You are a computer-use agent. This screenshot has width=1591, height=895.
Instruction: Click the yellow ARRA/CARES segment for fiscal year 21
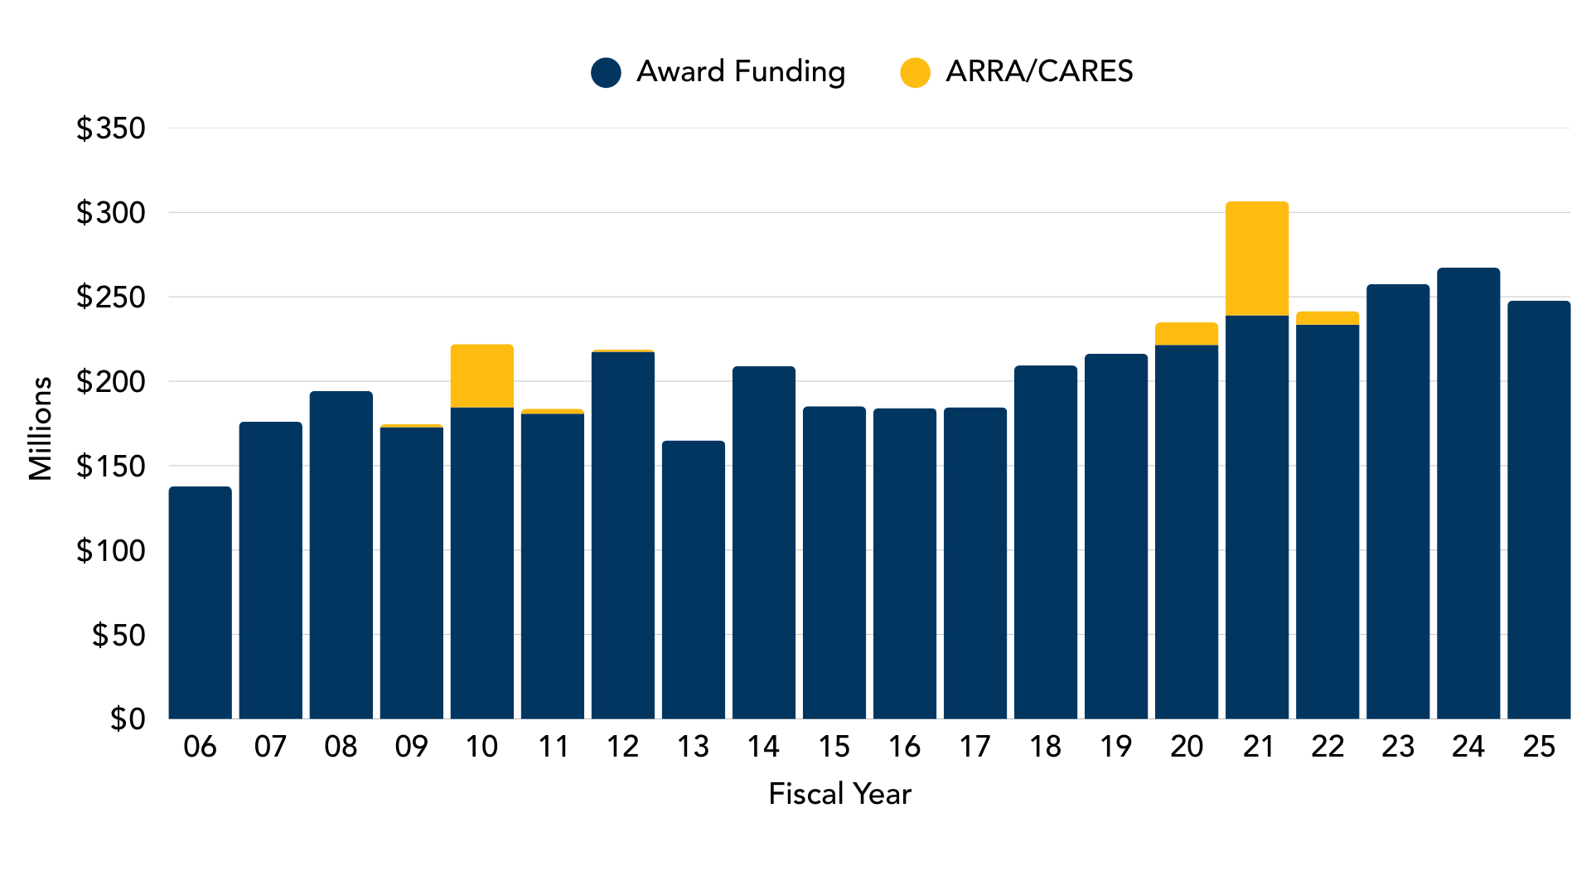point(1257,259)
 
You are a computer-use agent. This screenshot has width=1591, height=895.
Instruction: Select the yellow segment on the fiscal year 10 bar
point(482,376)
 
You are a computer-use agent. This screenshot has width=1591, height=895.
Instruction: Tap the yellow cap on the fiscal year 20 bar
point(1187,334)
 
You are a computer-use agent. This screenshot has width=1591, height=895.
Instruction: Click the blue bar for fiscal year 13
point(694,580)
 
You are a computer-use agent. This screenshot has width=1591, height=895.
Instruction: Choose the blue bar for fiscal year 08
point(341,555)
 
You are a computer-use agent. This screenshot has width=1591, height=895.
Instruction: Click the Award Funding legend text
point(741,72)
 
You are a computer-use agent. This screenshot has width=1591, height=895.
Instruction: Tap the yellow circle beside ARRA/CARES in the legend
point(915,73)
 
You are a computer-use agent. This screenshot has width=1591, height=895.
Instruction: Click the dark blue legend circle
point(606,73)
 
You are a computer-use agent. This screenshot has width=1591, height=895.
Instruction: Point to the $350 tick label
point(111,128)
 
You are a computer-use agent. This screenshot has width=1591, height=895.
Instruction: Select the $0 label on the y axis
point(128,718)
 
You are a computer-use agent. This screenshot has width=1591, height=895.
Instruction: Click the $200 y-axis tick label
point(111,382)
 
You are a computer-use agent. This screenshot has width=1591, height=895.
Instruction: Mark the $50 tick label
point(118,635)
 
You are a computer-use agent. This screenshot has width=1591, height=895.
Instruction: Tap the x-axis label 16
point(904,747)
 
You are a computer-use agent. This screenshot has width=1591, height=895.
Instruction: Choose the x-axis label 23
point(1398,747)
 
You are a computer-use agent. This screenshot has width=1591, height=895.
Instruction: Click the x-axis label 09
point(411,747)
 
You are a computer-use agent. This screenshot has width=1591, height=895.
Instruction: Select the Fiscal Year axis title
point(839,794)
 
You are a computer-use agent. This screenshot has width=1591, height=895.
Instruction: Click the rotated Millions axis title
point(40,428)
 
